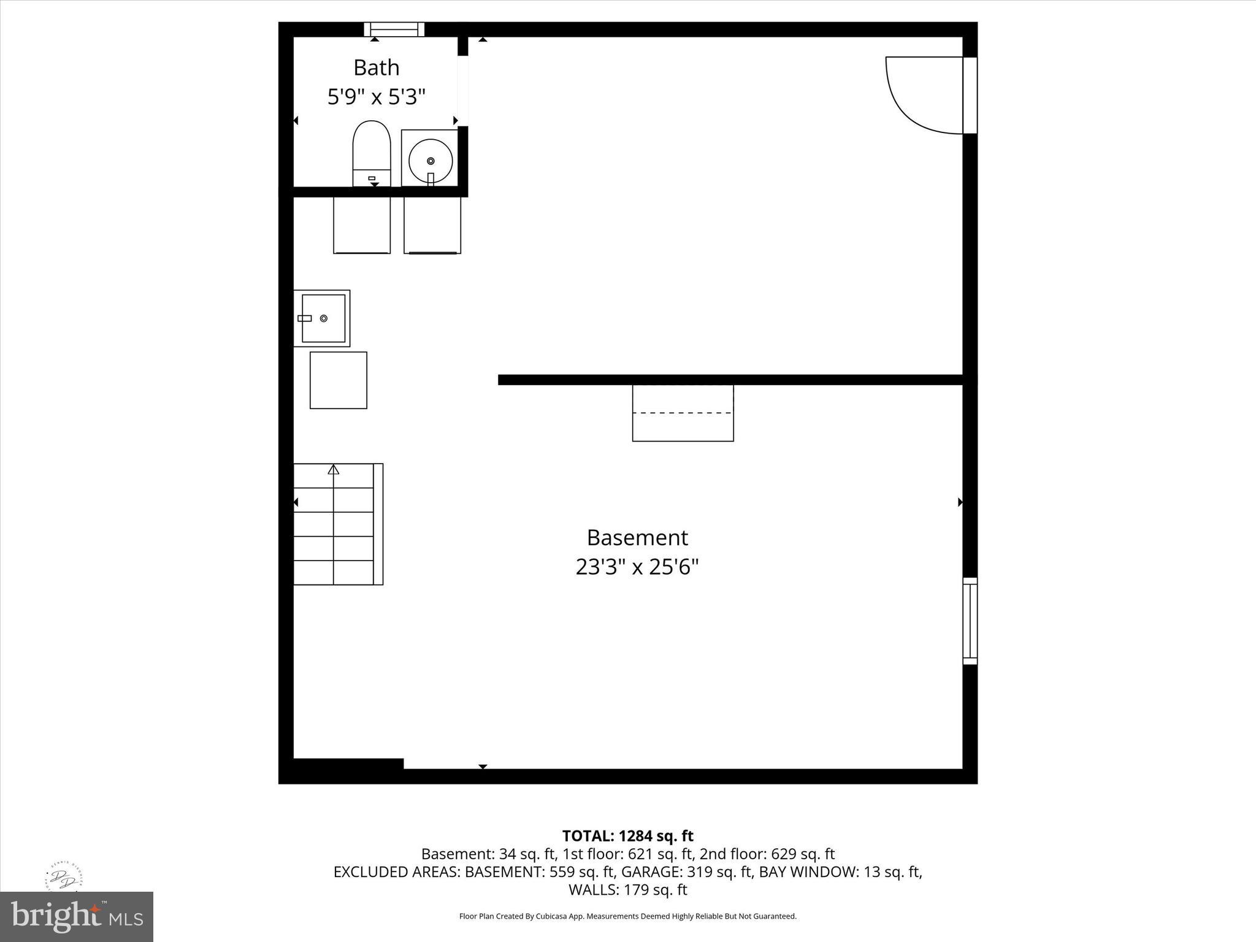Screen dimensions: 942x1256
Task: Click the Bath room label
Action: (x=376, y=67)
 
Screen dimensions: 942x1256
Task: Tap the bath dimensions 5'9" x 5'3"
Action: (x=376, y=97)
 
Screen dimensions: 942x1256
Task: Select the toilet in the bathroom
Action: (x=372, y=153)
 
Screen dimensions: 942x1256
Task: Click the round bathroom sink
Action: (x=431, y=160)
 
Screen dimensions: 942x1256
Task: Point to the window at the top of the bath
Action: (x=394, y=29)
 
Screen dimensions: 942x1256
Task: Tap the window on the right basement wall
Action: (x=970, y=621)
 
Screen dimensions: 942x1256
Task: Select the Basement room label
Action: (x=637, y=538)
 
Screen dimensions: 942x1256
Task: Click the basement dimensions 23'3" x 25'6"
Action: (x=637, y=567)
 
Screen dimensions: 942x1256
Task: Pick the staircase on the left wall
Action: (x=337, y=524)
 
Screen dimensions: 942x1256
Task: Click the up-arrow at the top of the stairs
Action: (x=334, y=470)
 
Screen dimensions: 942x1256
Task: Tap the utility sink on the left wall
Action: (x=322, y=318)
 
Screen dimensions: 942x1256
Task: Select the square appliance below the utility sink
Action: (x=339, y=380)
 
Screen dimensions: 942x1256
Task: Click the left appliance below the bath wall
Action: (x=362, y=225)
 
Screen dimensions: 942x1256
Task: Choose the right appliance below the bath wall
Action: (x=432, y=225)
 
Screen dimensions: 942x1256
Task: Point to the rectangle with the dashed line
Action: (x=683, y=413)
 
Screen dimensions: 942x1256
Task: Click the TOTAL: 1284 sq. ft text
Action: (x=627, y=836)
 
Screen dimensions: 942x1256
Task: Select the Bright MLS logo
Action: (x=77, y=916)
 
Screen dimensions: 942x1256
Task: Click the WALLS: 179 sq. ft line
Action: (x=627, y=889)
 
